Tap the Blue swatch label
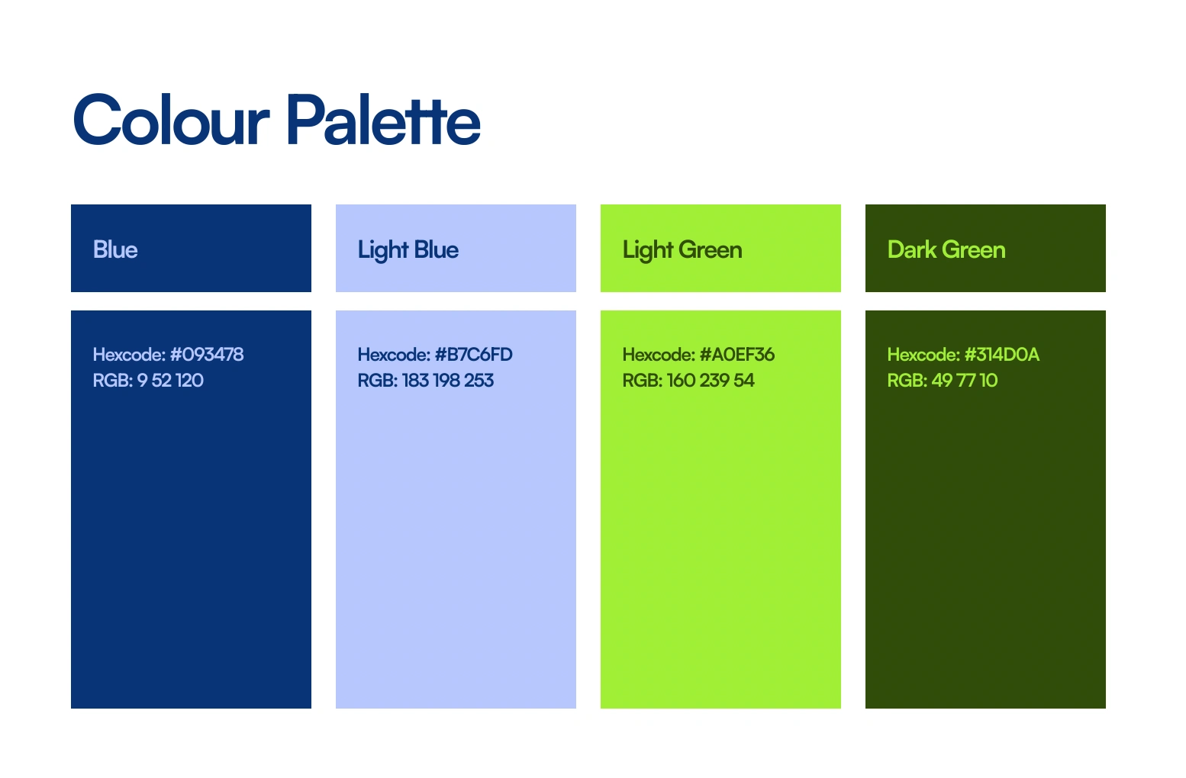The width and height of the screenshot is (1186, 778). (x=115, y=249)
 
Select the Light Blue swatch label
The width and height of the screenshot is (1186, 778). (x=408, y=250)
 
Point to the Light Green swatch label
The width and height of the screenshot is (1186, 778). (x=682, y=250)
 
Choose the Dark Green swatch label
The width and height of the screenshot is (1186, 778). (x=946, y=249)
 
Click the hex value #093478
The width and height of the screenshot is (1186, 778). (x=207, y=354)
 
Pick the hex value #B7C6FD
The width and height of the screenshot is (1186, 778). (x=473, y=354)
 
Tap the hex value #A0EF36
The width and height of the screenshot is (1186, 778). (x=736, y=354)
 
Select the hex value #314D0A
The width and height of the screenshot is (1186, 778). (x=1001, y=354)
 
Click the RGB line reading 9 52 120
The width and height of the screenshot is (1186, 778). (x=148, y=380)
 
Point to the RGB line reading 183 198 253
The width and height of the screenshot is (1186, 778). (x=426, y=380)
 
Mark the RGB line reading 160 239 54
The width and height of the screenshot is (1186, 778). (x=688, y=380)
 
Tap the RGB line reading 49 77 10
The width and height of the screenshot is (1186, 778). (x=943, y=380)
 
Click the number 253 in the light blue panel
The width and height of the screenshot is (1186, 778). (x=479, y=380)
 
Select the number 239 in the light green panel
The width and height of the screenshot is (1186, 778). (x=714, y=380)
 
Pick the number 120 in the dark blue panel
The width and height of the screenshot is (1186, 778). (x=189, y=380)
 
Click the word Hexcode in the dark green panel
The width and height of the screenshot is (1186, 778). (x=923, y=354)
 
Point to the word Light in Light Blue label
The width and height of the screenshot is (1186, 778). (x=383, y=250)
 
